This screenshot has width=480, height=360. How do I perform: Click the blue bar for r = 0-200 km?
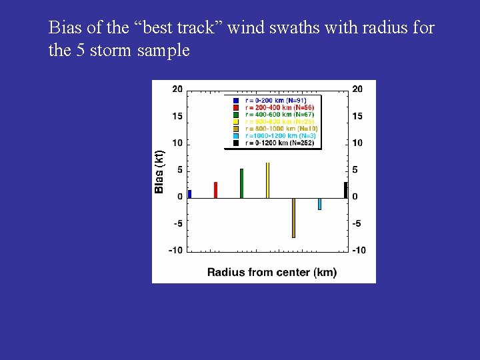click(x=190, y=194)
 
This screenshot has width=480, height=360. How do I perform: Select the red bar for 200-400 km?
click(x=215, y=190)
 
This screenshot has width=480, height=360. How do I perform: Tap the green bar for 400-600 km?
click(x=241, y=183)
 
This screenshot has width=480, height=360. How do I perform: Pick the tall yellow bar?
click(x=267, y=180)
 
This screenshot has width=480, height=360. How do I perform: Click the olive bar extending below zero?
click(x=293, y=217)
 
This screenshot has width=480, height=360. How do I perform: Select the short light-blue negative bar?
click(x=319, y=204)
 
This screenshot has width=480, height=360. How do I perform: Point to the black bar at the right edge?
click(x=345, y=190)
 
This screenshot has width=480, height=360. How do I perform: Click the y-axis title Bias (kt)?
click(x=159, y=171)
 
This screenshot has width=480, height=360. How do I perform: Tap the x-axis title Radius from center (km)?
click(x=272, y=272)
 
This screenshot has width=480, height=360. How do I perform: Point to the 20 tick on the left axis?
click(x=177, y=89)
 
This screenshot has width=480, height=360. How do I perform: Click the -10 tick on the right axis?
click(x=359, y=250)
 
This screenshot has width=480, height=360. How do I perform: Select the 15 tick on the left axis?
click(x=177, y=117)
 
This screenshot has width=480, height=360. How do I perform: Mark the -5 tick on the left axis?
click(x=177, y=223)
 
